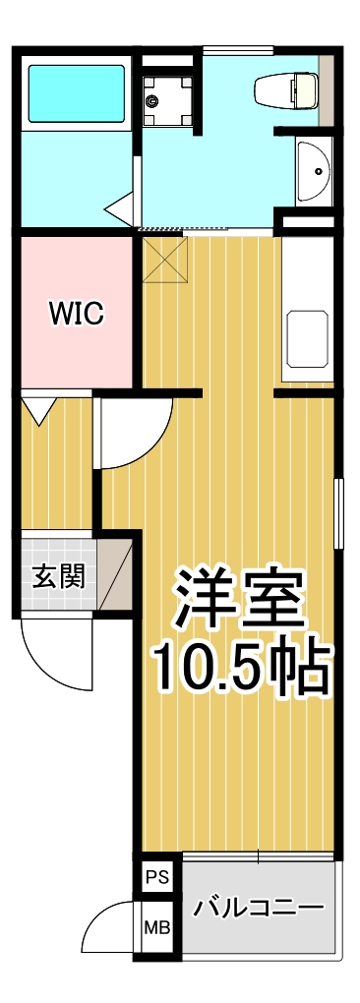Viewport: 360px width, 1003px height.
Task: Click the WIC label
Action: (x=77, y=315)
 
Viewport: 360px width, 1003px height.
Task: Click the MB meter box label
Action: (x=155, y=927)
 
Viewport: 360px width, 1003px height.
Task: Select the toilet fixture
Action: (x=286, y=91)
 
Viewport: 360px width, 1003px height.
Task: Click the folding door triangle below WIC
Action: (x=40, y=409)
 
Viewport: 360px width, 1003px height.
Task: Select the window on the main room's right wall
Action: (x=337, y=512)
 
